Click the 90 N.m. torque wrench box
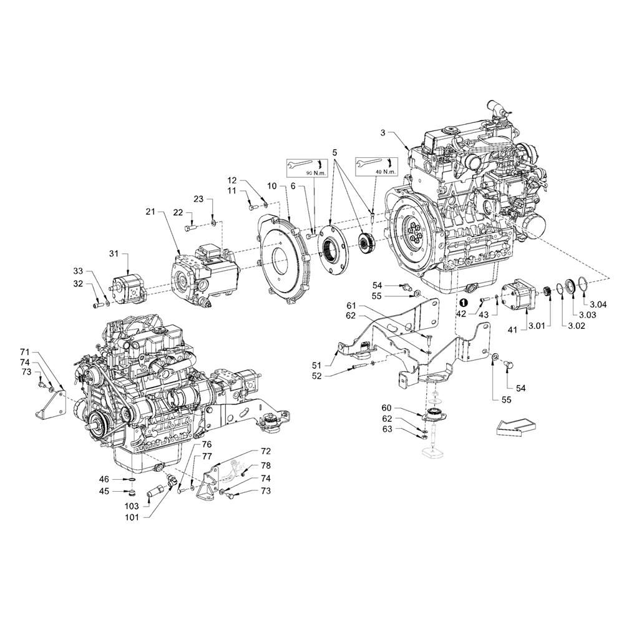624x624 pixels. [307, 167]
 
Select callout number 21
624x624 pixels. [150, 212]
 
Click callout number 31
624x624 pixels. [114, 253]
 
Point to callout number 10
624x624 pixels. [271, 185]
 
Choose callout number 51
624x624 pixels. [317, 365]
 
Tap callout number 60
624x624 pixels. [386, 408]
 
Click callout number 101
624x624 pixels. [131, 517]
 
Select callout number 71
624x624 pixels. [25, 352]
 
